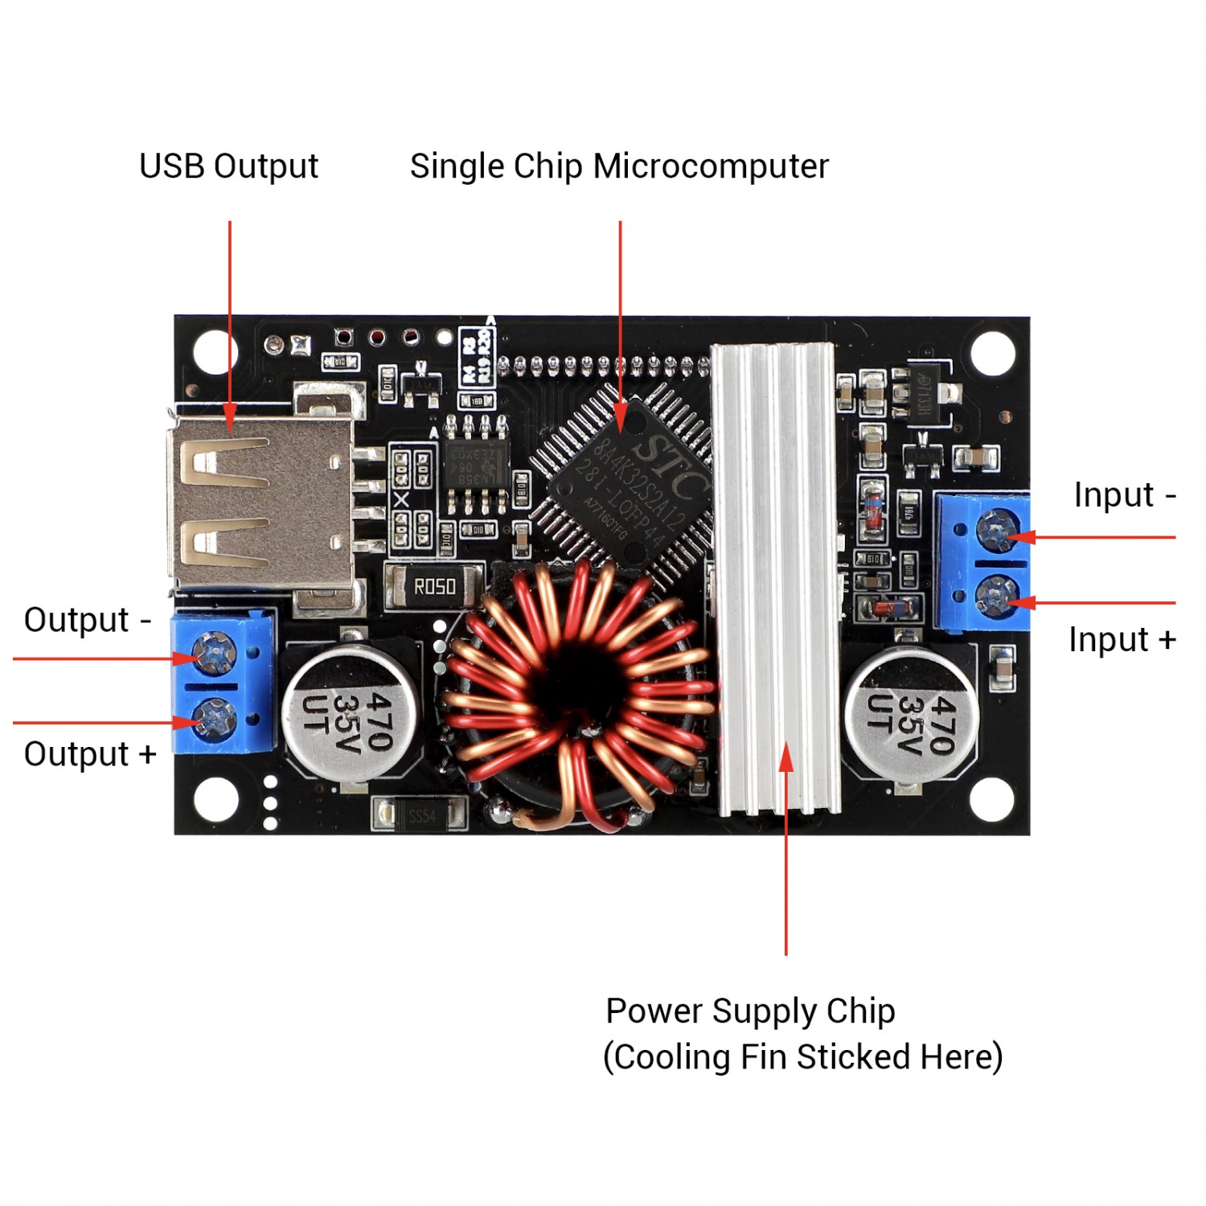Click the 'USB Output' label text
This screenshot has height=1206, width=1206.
tap(228, 166)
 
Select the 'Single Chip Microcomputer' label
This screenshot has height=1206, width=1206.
tap(619, 166)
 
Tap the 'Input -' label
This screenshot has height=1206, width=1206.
tap(1124, 494)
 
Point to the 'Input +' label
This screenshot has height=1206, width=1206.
tap(1122, 640)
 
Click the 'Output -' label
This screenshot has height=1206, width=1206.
tap(87, 620)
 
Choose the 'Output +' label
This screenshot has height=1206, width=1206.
tap(89, 754)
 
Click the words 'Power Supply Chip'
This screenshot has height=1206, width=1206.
tap(749, 1011)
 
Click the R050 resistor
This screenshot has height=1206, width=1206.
tap(434, 587)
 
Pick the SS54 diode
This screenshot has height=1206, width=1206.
tap(420, 815)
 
